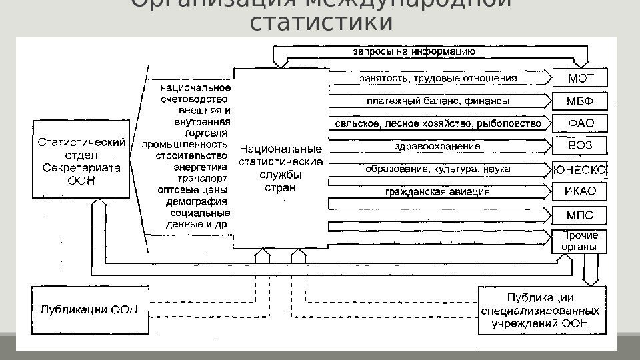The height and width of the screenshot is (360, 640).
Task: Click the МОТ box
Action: tap(580, 79)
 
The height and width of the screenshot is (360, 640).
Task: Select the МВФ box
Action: tap(580, 101)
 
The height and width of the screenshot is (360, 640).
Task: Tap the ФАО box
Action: tap(580, 123)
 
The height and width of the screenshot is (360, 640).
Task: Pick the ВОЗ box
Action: tap(580, 146)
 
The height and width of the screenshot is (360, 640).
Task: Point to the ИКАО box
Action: tap(580, 192)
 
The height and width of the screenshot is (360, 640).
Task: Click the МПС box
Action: tap(580, 215)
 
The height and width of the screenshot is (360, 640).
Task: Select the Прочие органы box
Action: tap(580, 241)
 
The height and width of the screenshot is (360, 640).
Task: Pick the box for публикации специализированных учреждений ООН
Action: tap(542, 309)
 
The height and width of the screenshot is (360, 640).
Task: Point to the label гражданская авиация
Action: tap(438, 193)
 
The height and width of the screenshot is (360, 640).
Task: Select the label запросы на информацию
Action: tap(413, 51)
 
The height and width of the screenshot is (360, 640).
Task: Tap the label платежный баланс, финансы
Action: tap(438, 102)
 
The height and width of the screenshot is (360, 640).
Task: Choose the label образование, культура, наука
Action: tap(438, 169)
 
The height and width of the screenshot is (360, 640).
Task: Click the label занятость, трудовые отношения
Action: tap(438, 79)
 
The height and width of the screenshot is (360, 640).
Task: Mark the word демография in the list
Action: tap(206, 201)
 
